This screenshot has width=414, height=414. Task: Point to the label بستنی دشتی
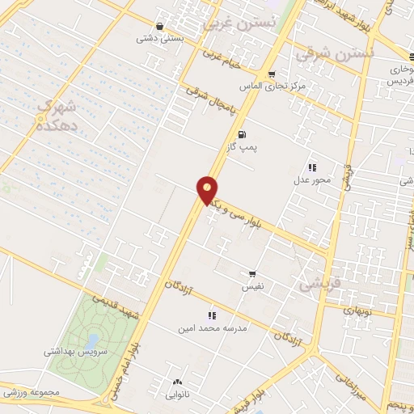tap(157, 37)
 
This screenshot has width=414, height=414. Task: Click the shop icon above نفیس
tap(253, 274)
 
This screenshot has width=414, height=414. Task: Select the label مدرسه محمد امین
tap(212, 328)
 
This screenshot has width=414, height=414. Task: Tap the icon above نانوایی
tap(177, 382)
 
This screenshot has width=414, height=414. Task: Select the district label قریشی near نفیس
tap(316, 285)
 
